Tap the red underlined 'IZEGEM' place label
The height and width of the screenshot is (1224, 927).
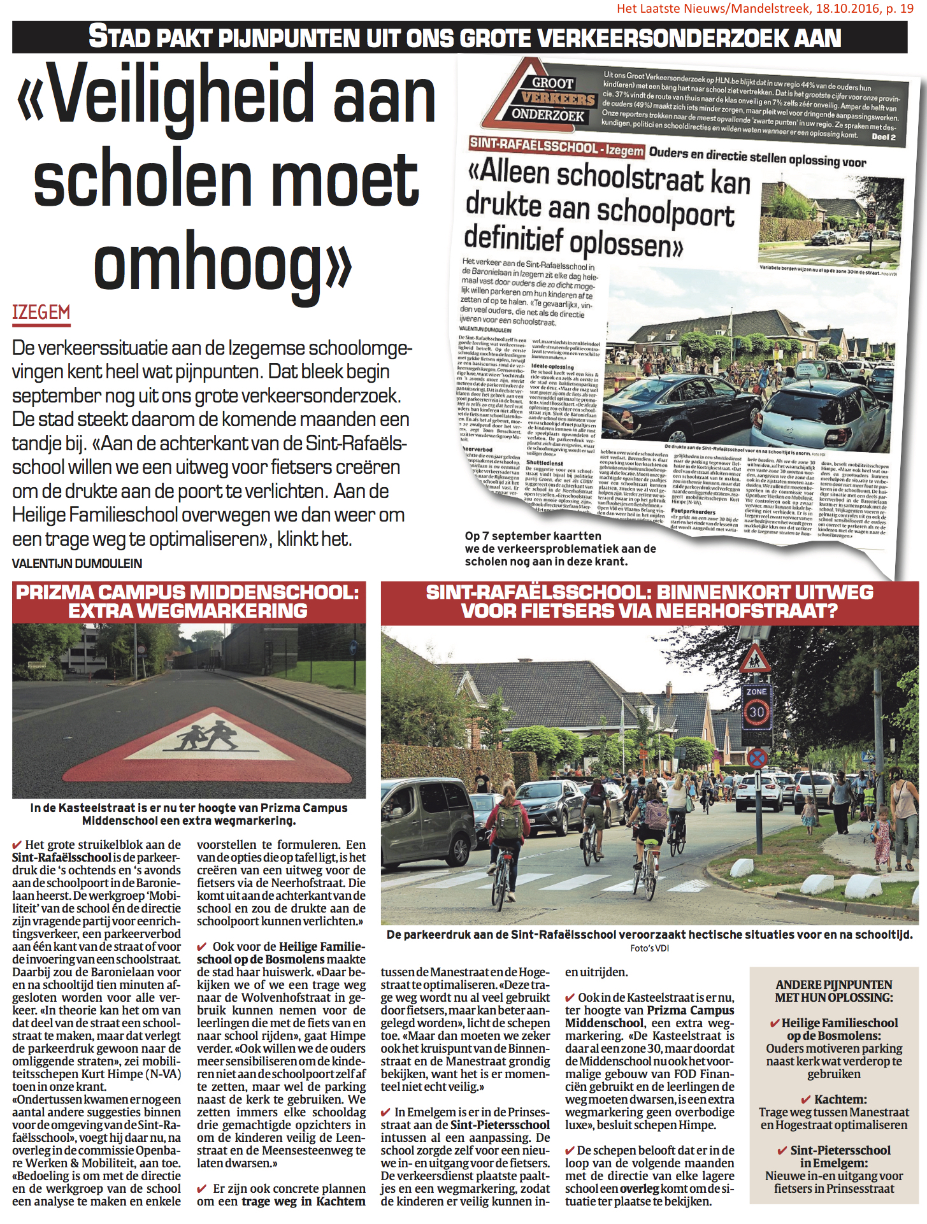click(x=41, y=313)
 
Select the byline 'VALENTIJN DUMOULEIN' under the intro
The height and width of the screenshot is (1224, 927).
click(x=77, y=564)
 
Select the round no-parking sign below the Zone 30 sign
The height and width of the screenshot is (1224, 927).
click(x=757, y=758)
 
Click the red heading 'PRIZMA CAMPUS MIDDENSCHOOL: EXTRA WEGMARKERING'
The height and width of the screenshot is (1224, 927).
click(x=189, y=601)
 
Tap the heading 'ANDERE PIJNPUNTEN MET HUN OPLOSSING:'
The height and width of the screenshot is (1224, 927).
click(x=833, y=991)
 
